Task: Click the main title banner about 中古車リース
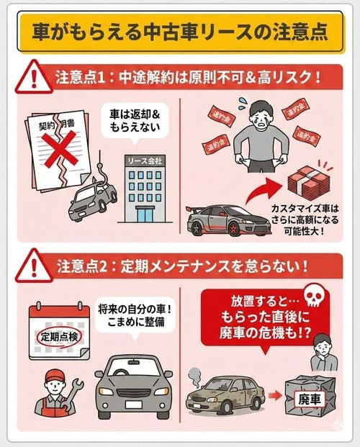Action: (180, 32)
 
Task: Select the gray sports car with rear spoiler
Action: (219, 220)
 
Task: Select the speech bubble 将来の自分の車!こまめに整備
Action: (130, 317)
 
